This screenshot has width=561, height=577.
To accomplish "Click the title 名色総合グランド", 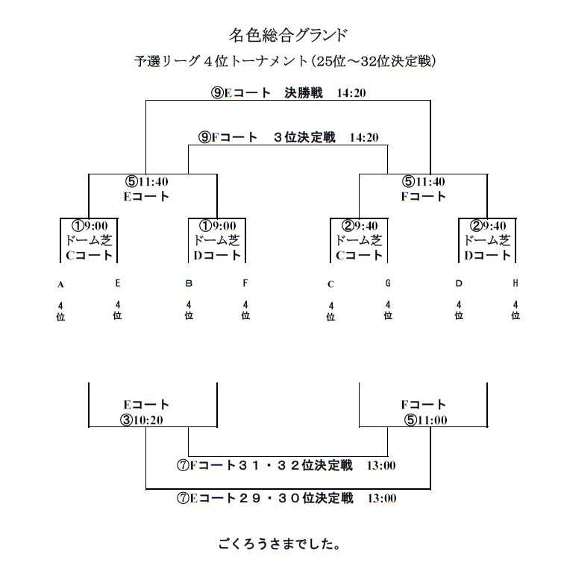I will [x=288, y=35].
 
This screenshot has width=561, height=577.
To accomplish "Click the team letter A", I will [x=60, y=284].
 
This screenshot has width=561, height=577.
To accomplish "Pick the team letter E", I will [x=117, y=283].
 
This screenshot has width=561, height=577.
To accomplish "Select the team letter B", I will [x=189, y=283].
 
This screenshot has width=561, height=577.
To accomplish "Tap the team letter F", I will [x=245, y=283].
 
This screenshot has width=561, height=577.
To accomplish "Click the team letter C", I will [x=330, y=284].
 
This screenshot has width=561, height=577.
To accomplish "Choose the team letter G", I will [x=388, y=283].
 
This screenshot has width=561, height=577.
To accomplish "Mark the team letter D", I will [x=459, y=283].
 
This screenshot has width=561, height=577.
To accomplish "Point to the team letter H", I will [x=515, y=283].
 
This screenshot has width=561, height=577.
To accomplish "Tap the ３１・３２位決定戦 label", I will [x=286, y=466].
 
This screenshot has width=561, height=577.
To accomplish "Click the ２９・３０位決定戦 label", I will [x=286, y=499].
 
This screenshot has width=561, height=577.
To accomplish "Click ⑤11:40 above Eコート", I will [x=146, y=182].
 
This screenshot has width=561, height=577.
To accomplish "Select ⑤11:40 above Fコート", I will [x=424, y=182].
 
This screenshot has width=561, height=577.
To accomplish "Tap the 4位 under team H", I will [x=515, y=310].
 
